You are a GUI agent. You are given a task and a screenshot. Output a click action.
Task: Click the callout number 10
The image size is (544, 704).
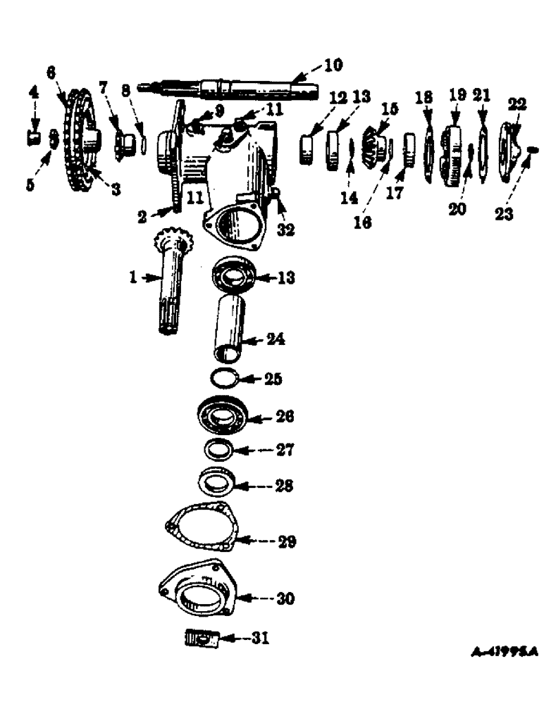[x=332, y=65]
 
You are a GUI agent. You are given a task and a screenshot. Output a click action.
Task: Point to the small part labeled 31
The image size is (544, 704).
[x=200, y=640]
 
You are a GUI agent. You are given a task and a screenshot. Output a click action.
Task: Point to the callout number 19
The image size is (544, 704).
[x=457, y=95]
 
